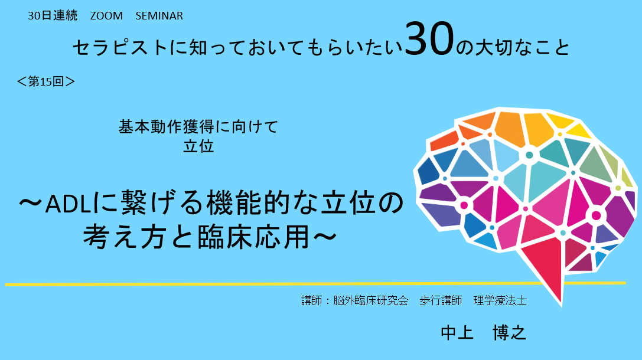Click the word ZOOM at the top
click(106, 15)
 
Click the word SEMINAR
click(159, 15)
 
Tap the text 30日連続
click(53, 15)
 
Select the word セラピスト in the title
click(120, 47)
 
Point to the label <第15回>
click(46, 81)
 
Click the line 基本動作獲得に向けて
click(198, 126)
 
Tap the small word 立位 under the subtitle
click(198, 146)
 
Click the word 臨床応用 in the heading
click(253, 237)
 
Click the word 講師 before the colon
click(312, 300)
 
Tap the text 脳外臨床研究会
click(370, 300)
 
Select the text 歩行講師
click(441, 300)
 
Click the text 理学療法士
click(500, 300)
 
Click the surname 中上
click(457, 333)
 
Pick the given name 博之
click(509, 333)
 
